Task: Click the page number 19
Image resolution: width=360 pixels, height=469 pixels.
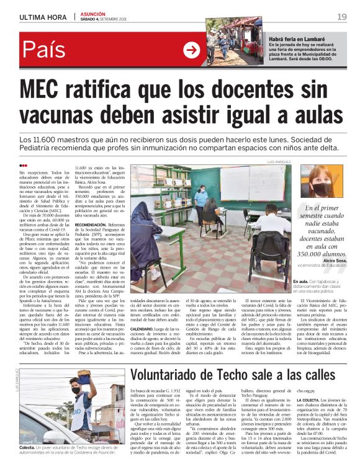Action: click(342, 16)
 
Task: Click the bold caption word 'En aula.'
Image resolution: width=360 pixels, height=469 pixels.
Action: click(300, 282)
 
